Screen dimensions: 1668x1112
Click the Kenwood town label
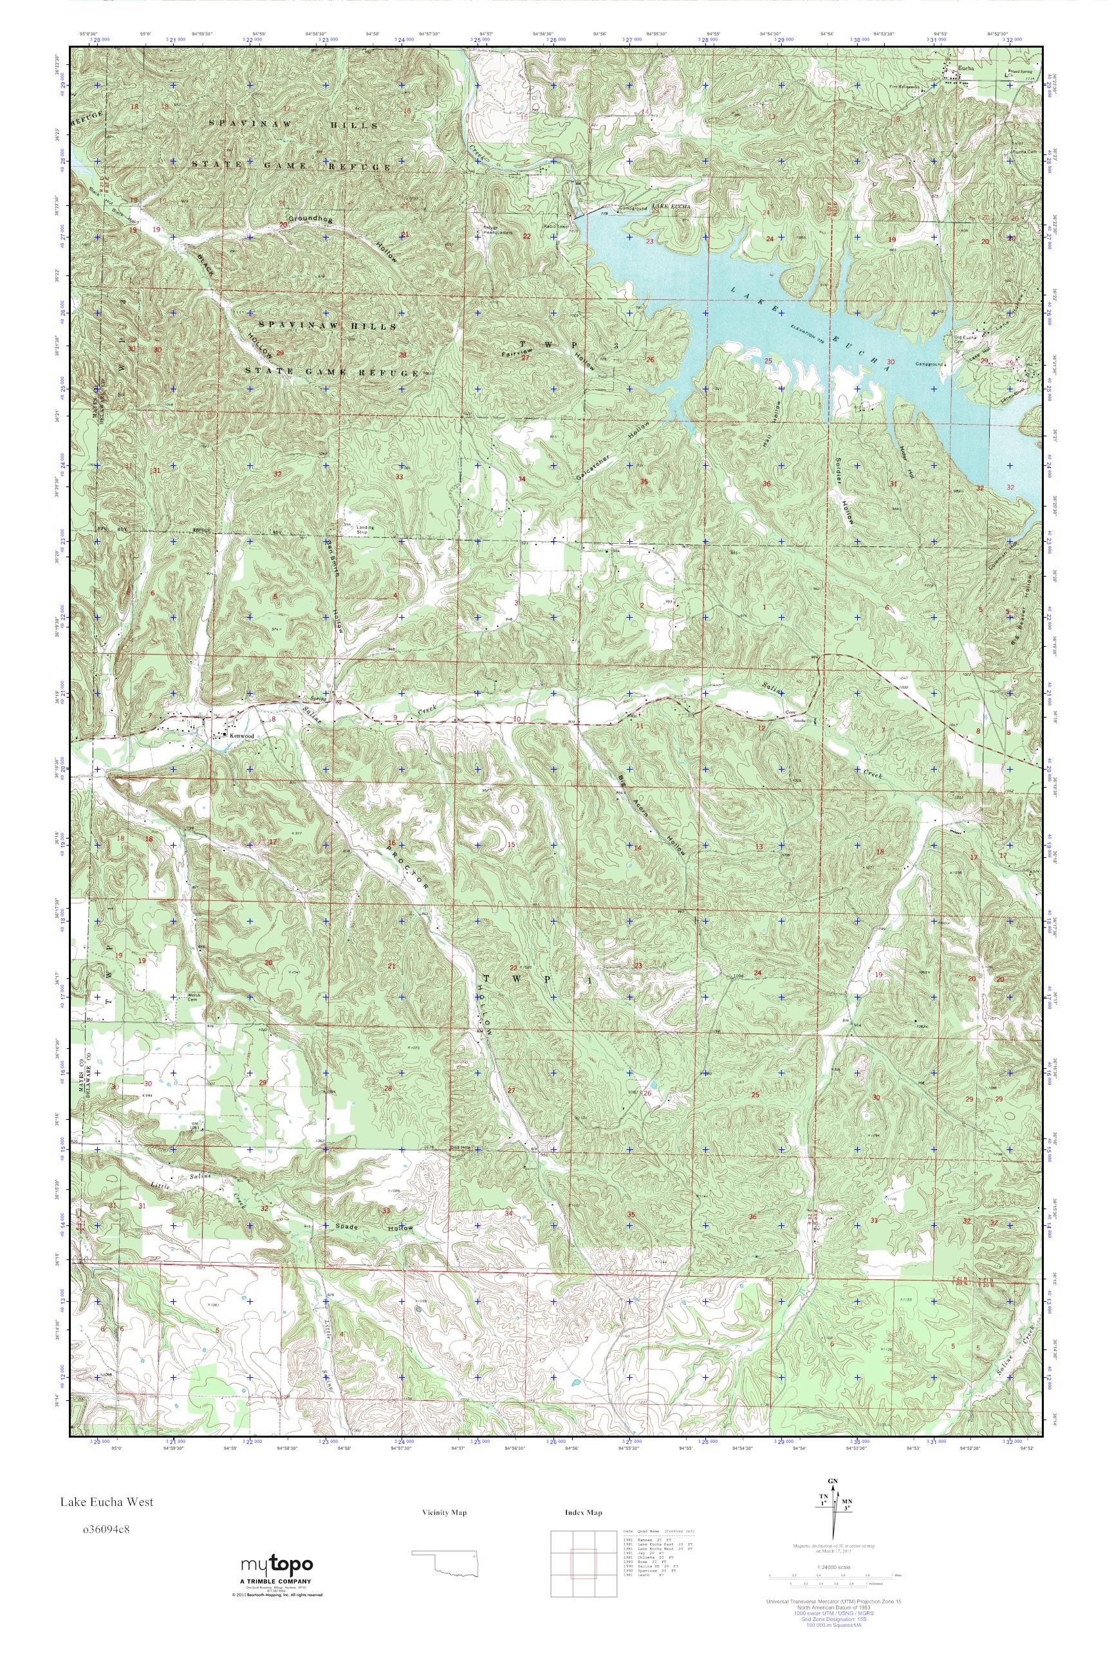(242, 736)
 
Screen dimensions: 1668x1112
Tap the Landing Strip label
(367, 528)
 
